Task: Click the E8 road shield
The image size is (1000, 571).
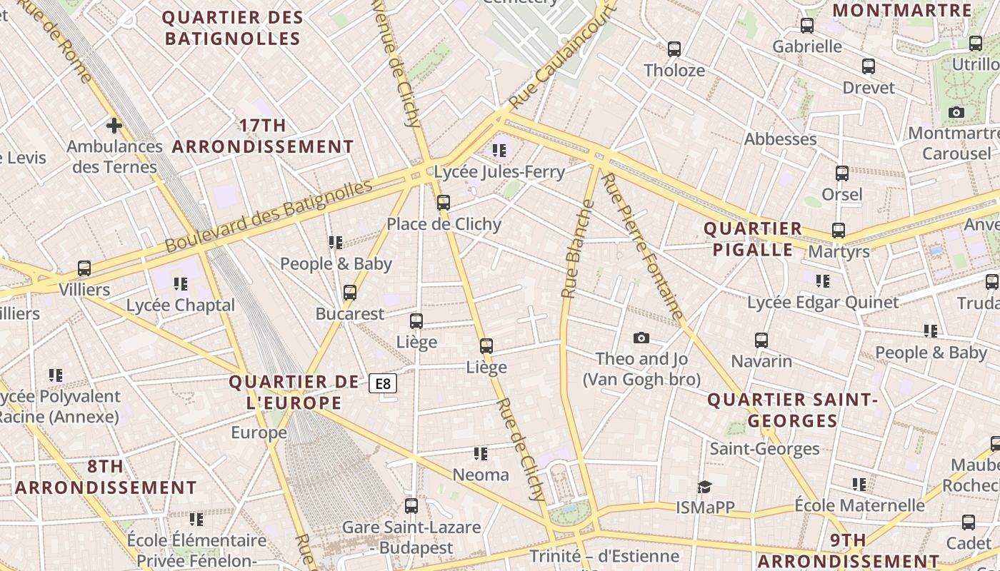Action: [x=383, y=384]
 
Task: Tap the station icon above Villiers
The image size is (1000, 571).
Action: [x=84, y=269]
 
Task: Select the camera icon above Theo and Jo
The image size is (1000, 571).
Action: [x=641, y=338]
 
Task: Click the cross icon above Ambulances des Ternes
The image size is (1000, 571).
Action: [x=114, y=126]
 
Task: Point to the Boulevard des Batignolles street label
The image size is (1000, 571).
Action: [x=269, y=216]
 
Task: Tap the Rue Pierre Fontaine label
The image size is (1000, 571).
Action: [x=643, y=246]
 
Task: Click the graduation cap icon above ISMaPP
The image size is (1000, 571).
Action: [x=705, y=487]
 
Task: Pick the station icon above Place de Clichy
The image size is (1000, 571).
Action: [x=444, y=203]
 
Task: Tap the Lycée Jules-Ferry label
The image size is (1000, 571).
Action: [x=499, y=172]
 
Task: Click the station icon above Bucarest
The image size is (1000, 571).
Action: [x=350, y=293]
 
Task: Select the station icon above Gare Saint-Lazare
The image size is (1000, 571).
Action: [x=411, y=506]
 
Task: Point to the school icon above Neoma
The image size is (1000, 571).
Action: [x=481, y=454]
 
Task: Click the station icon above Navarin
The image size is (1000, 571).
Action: [x=761, y=340]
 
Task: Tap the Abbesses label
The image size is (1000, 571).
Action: [x=780, y=139]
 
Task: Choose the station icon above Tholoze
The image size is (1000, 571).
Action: [x=674, y=49]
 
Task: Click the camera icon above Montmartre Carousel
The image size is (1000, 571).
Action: [x=956, y=113]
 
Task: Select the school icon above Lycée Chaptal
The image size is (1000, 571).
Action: [x=181, y=284]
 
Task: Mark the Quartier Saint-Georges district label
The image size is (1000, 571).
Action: [x=792, y=410]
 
